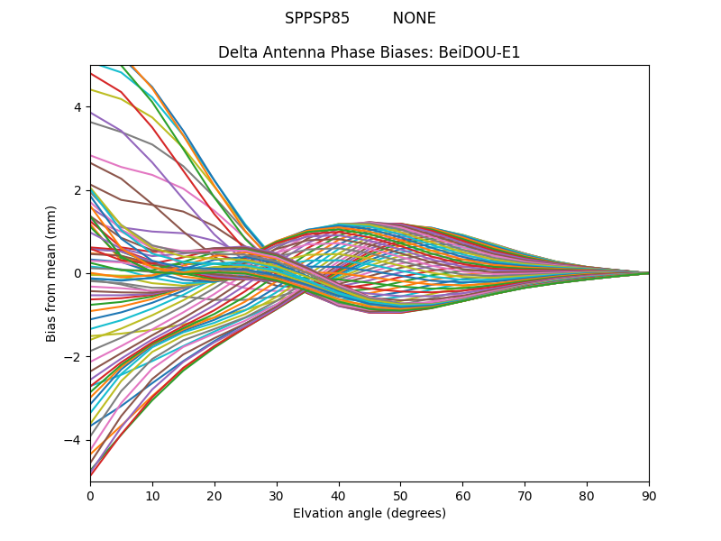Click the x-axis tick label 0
point(90,495)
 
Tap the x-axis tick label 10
point(152,495)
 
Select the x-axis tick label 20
point(214,495)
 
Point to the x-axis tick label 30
point(277,495)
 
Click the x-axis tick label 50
point(400,495)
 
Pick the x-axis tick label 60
point(462,495)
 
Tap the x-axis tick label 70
point(525,495)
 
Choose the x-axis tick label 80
point(587,495)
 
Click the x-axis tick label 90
point(649,495)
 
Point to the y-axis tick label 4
point(78,107)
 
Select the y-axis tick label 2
point(78,190)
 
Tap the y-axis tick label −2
point(74,357)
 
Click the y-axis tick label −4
point(74,440)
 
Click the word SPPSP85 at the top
point(317,18)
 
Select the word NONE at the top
point(414,18)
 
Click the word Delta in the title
point(237,52)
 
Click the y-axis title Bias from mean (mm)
point(51,273)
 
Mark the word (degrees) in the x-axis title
point(415,513)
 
